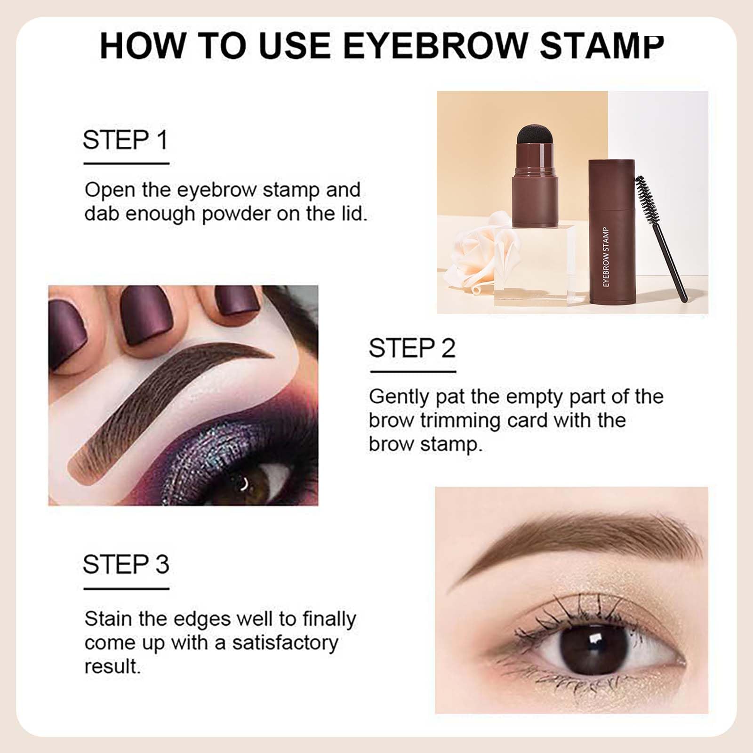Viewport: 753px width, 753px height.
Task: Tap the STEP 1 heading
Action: (126, 140)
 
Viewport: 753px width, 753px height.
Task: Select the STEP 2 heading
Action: (412, 348)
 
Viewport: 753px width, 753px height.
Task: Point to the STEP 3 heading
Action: (126, 564)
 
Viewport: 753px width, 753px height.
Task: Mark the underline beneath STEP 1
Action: (126, 163)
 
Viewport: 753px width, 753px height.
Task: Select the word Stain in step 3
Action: (108, 619)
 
